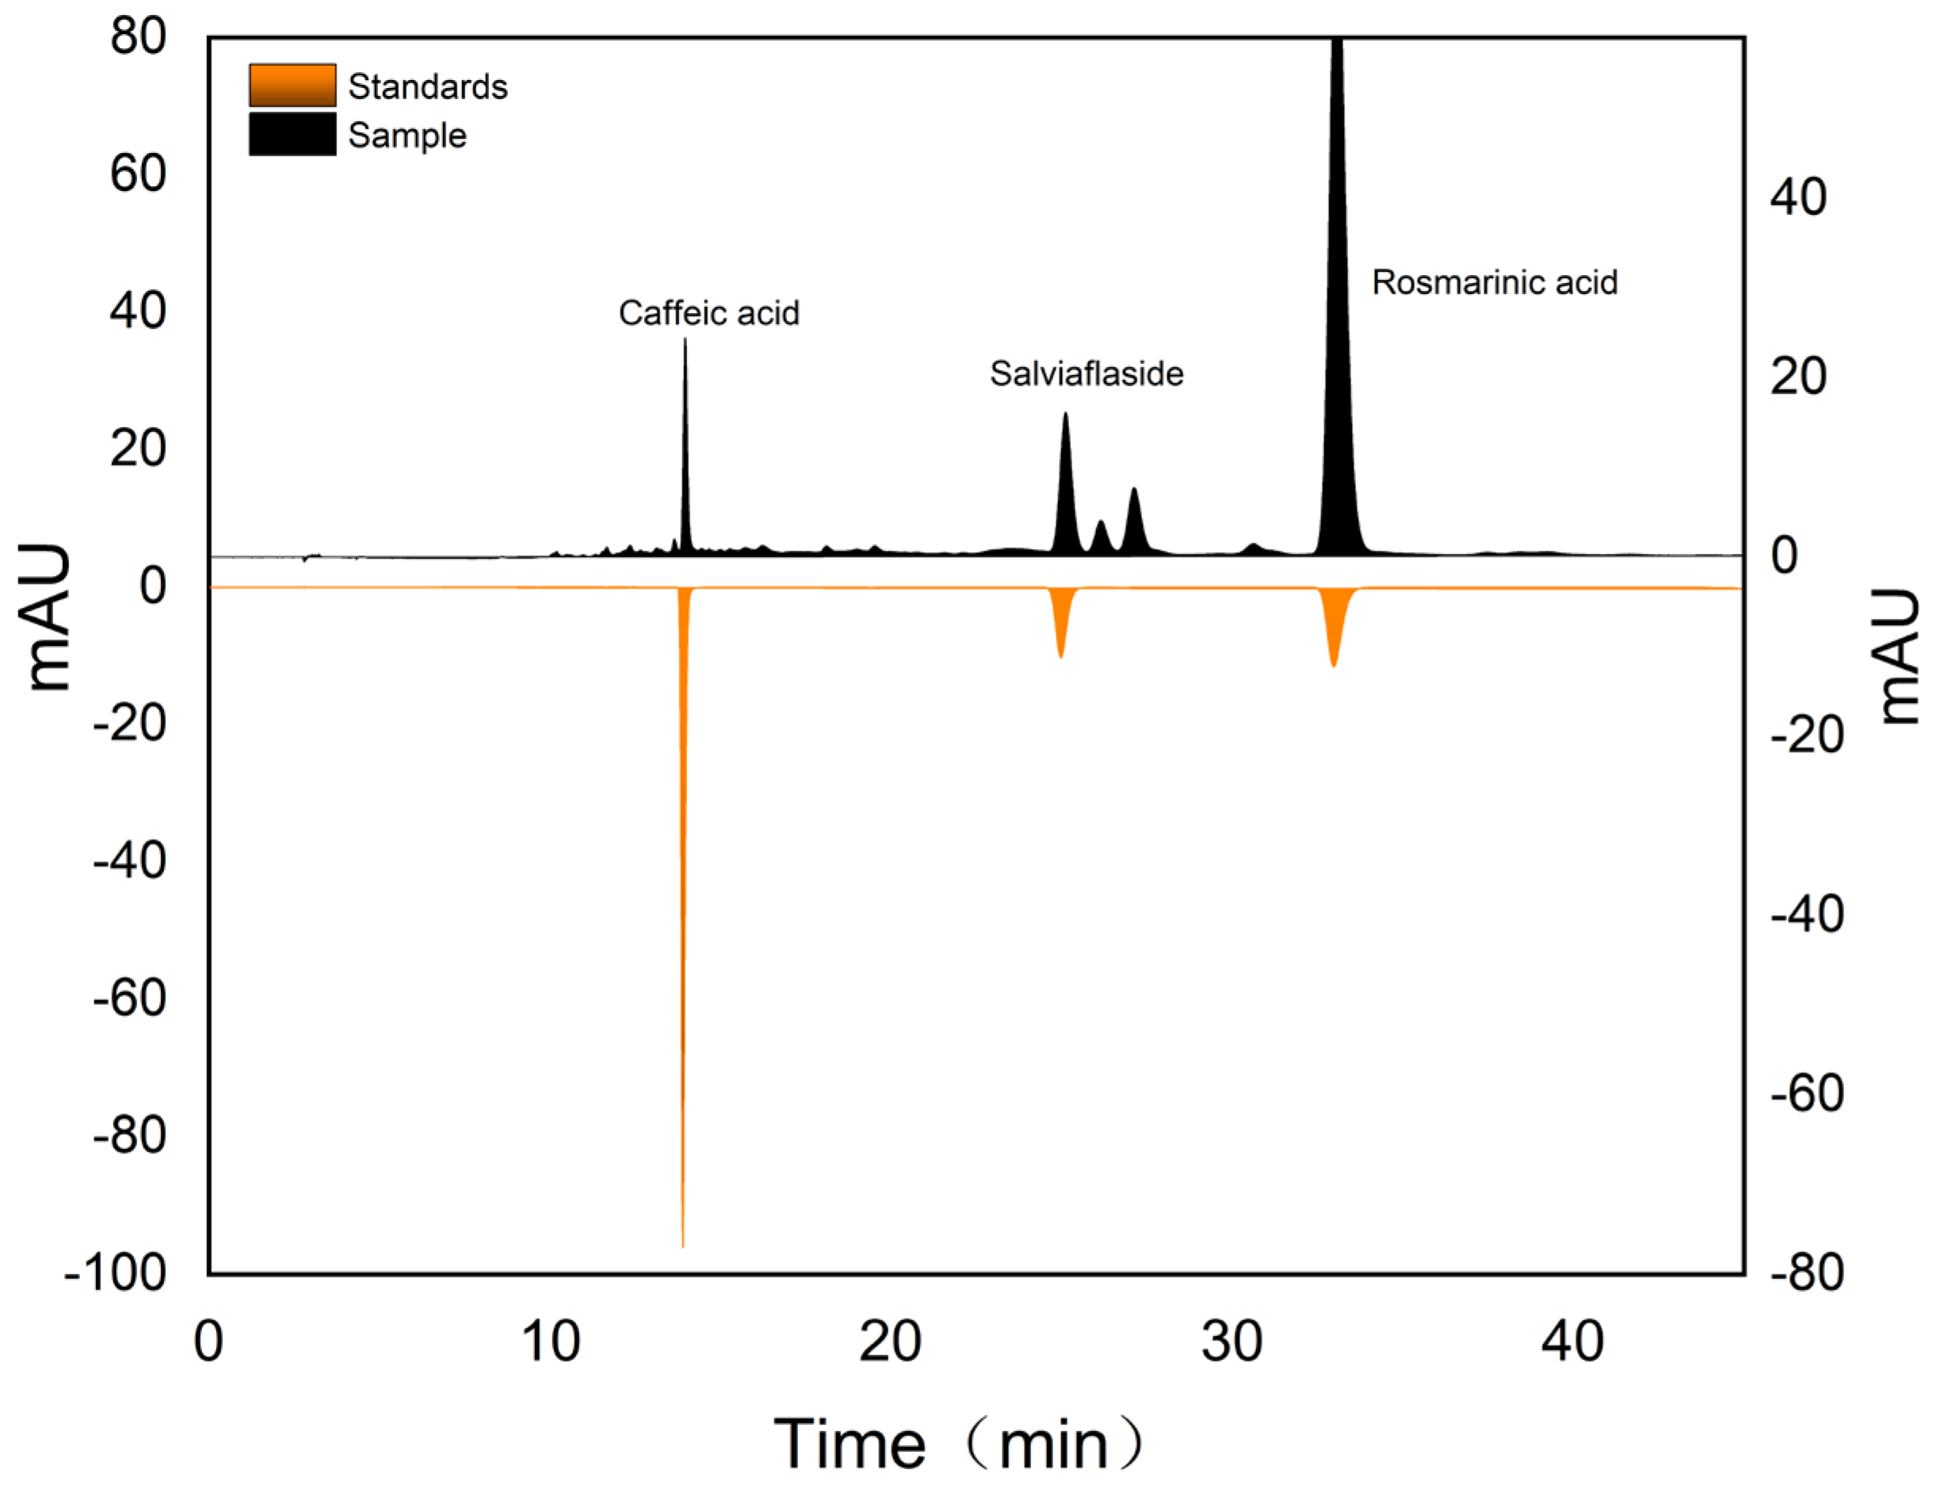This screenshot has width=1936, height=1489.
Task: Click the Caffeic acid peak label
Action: coord(708,313)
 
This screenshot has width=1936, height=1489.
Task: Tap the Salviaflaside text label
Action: coord(1086,373)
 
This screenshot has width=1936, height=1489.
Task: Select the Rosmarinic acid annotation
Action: coord(1495,282)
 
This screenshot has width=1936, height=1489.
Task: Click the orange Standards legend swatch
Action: coord(292,85)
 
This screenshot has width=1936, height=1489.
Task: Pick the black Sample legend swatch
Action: coord(292,134)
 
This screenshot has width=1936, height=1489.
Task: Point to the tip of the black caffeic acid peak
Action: coord(685,342)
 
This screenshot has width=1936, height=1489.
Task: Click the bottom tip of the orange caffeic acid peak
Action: coord(682,1243)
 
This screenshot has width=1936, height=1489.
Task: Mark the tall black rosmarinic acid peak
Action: coord(1338,310)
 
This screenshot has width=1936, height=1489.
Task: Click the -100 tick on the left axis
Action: coord(115,1273)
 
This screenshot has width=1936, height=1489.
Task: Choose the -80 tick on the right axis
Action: coord(1807,1272)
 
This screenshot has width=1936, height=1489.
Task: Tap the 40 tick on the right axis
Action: coord(1797,197)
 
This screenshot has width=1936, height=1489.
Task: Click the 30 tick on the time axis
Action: coord(1232,1342)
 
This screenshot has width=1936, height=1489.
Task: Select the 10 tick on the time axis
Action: coord(551,1342)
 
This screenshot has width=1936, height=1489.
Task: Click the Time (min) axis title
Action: coord(958,1444)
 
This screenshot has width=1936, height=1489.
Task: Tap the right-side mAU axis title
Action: coord(1899,657)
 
